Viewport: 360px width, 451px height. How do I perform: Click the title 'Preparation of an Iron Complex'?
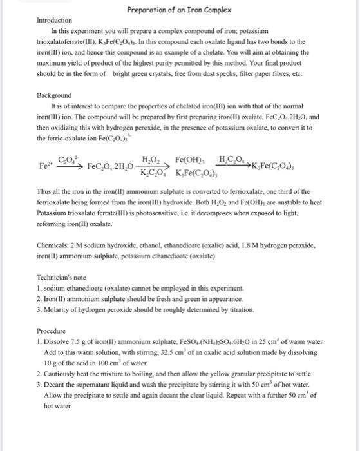180,8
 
